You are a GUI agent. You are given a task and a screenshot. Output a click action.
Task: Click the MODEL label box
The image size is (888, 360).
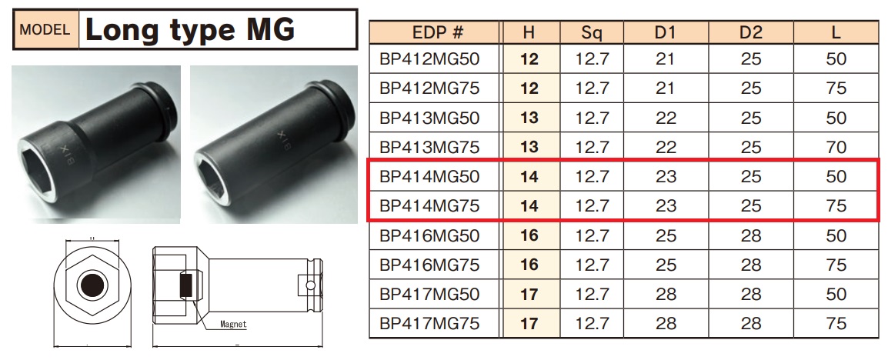46,29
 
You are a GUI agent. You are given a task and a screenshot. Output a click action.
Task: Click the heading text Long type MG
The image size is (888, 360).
190,29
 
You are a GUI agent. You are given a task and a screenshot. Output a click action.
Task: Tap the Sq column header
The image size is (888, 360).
592,32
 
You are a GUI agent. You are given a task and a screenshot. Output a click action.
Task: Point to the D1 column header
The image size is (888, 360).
666,32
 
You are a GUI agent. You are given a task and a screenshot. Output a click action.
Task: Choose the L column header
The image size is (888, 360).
836,32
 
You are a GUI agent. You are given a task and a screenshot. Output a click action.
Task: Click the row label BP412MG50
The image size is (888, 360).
430,59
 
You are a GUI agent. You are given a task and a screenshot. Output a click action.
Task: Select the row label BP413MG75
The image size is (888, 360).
430,147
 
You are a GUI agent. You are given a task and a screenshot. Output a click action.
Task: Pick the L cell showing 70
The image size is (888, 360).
836,147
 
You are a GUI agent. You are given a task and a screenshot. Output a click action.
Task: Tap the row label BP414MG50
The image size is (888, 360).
430,177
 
